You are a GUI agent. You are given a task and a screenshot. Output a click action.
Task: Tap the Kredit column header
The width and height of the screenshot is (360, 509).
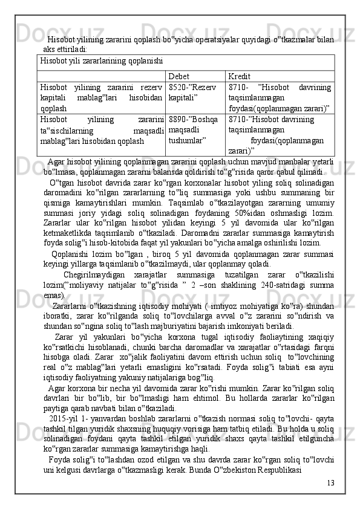pos(240,76)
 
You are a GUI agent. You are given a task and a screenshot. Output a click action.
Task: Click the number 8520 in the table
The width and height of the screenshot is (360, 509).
pos(179,88)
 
